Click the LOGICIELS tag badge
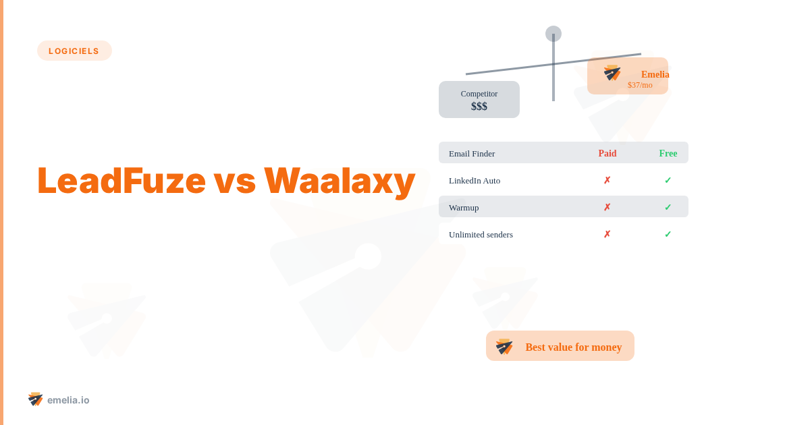(74, 51)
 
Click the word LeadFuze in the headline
(121, 180)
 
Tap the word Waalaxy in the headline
(339, 180)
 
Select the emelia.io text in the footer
(68, 400)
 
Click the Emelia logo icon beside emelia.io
(35, 399)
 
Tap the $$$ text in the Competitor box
(479, 107)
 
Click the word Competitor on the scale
(479, 94)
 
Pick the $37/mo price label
(640, 85)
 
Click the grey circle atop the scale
(553, 34)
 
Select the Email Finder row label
(472, 153)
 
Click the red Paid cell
(607, 153)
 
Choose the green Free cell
(668, 153)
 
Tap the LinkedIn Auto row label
(475, 180)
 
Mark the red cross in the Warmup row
(607, 207)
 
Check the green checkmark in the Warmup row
(668, 207)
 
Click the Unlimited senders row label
(481, 234)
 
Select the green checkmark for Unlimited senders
(668, 234)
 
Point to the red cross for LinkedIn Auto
(607, 180)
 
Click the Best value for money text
(574, 347)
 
